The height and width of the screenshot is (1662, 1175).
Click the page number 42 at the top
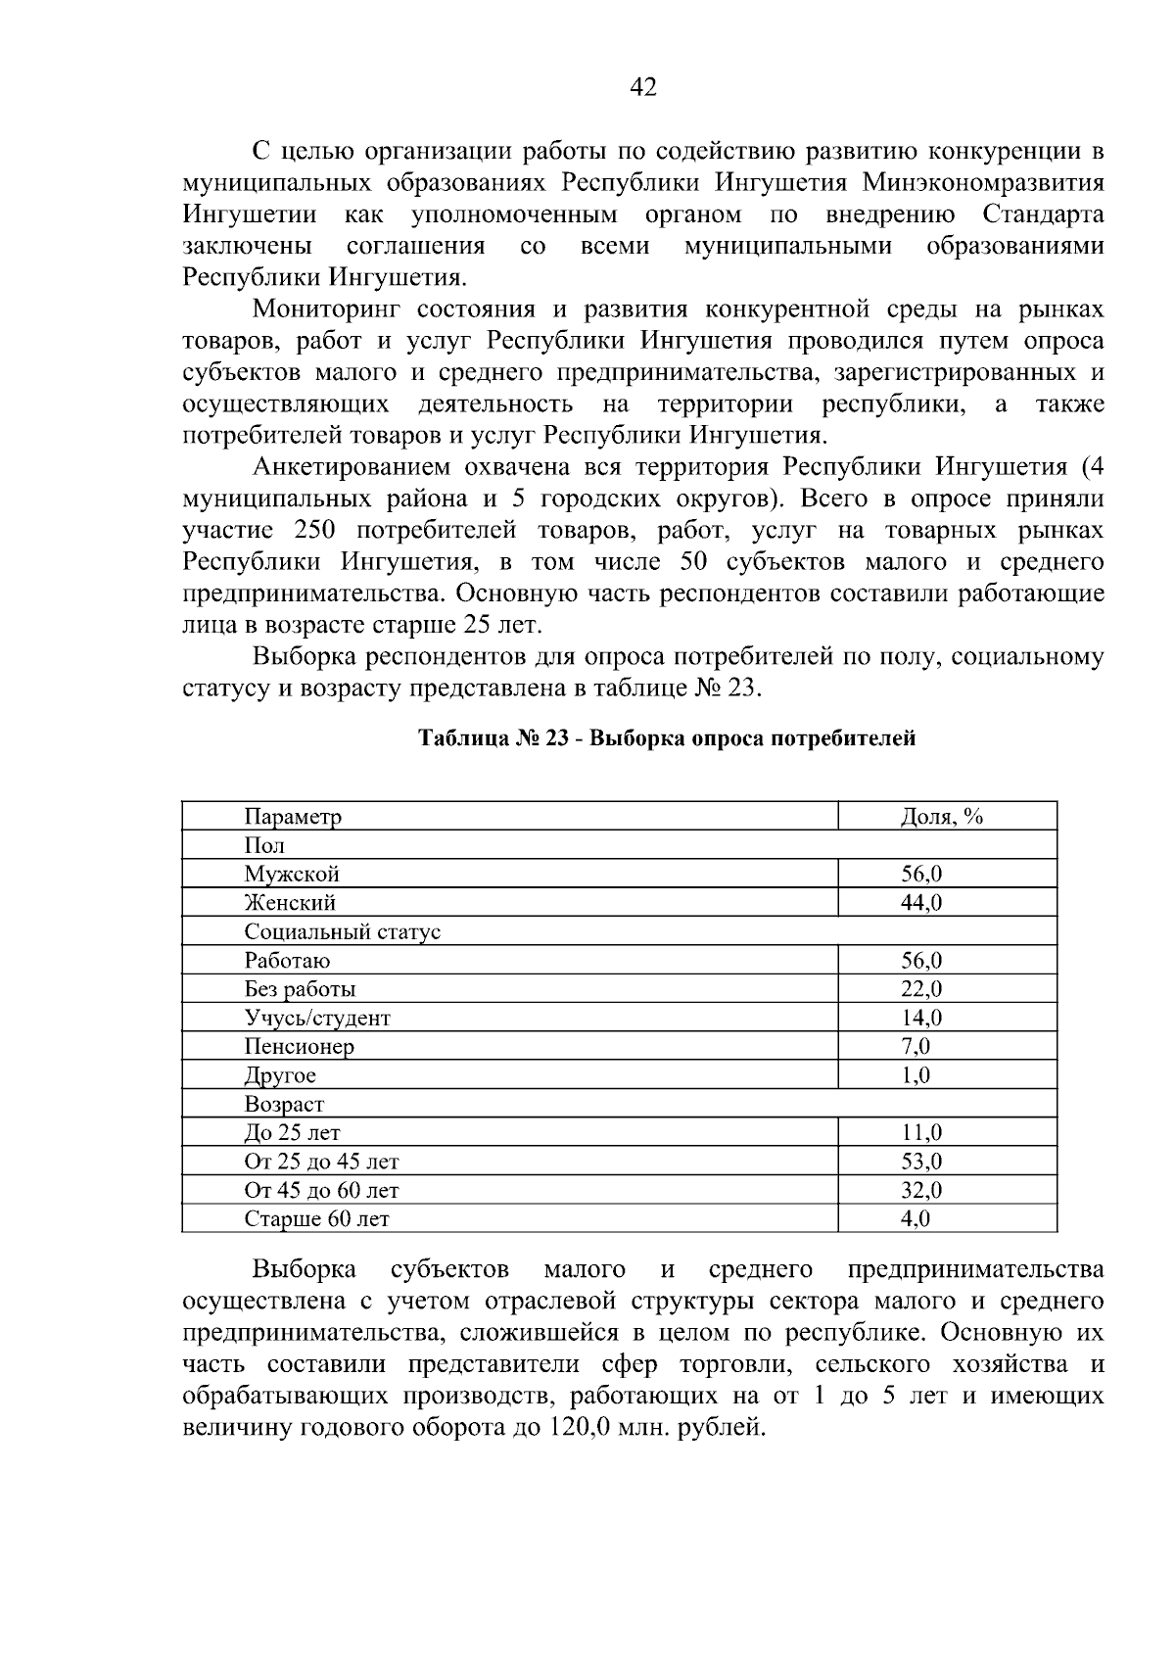[642, 88]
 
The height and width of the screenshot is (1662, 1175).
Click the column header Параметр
[293, 817]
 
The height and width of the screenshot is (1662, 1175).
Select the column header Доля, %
[941, 817]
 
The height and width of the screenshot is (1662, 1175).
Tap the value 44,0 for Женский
[920, 903]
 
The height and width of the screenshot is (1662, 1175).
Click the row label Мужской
[292, 874]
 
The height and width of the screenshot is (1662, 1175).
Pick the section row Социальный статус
[342, 931]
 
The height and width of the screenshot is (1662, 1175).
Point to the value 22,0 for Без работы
[920, 989]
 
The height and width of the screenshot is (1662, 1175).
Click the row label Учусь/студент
[317, 1018]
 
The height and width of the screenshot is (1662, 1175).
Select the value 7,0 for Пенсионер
[915, 1046]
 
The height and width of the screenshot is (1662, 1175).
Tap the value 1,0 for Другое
[915, 1075]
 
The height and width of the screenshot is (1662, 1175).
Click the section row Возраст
[284, 1104]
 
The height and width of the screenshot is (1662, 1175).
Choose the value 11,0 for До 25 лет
[920, 1133]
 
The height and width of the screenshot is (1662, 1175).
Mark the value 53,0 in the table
[920, 1162]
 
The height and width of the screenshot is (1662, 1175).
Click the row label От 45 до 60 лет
[321, 1191]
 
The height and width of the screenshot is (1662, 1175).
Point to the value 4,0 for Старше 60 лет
[915, 1219]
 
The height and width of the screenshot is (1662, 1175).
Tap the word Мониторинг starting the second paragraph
[327, 310]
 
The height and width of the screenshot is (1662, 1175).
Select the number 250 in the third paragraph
[314, 531]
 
